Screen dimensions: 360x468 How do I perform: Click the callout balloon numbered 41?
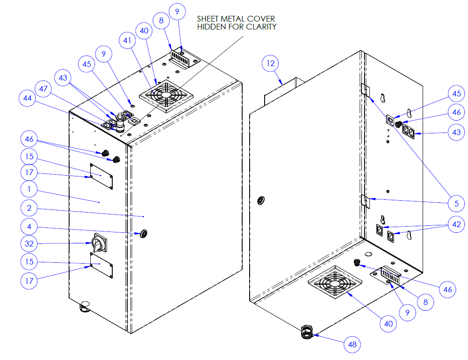pyautogui.click(x=127, y=40)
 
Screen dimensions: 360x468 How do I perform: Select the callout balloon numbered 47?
pyautogui.click(x=43, y=89)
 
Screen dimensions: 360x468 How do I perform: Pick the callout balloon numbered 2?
pyautogui.click(x=29, y=209)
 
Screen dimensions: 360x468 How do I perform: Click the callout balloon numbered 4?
pyautogui.click(x=29, y=227)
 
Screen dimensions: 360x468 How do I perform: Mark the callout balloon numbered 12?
pyautogui.click(x=270, y=63)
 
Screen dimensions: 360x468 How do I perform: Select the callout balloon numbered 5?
pyautogui.click(x=457, y=203)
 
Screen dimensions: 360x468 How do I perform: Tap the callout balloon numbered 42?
pyautogui.click(x=457, y=225)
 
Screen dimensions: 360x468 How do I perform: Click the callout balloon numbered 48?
pyautogui.click(x=353, y=345)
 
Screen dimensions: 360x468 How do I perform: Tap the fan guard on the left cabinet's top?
pyautogui.click(x=166, y=96)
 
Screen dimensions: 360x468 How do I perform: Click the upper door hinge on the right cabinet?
pyautogui.click(x=365, y=89)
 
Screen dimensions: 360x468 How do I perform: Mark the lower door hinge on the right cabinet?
pyautogui.click(x=365, y=201)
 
